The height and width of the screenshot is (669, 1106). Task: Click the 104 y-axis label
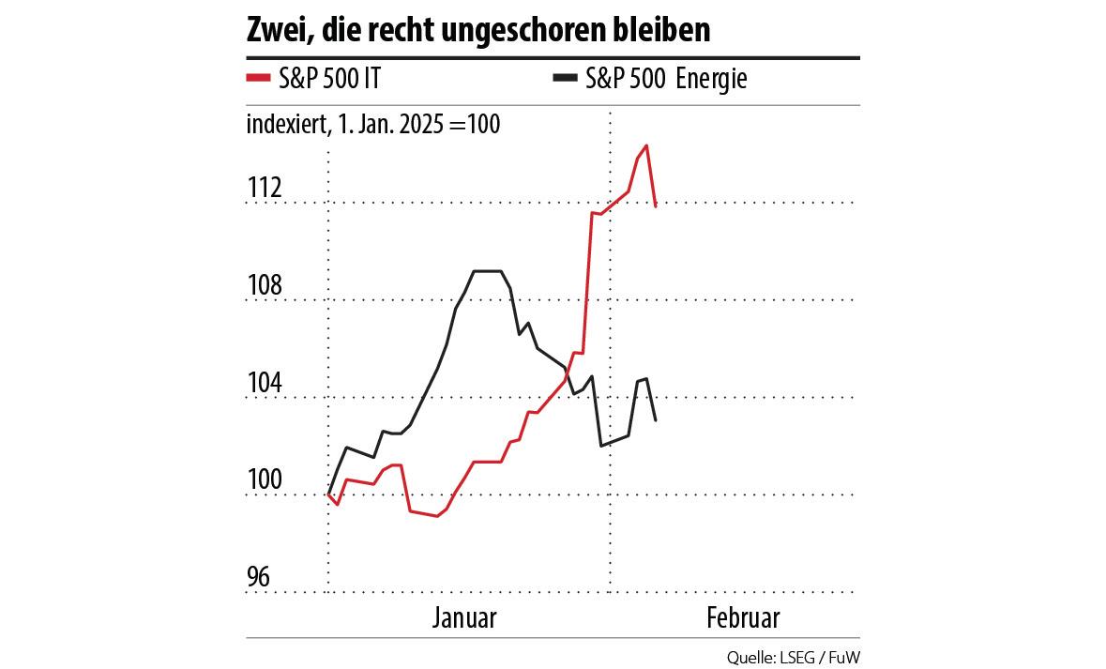tap(265, 384)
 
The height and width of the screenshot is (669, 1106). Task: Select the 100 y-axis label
tap(265, 481)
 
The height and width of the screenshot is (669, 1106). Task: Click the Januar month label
tap(465, 618)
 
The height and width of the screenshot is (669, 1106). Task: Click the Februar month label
tap(743, 618)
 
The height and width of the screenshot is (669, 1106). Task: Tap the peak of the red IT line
tap(647, 145)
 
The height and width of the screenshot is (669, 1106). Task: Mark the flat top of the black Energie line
tap(488, 271)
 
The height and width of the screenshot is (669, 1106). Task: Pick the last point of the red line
tap(656, 205)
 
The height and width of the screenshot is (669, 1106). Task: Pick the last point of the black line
tap(656, 420)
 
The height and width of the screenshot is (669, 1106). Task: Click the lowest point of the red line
tap(438, 516)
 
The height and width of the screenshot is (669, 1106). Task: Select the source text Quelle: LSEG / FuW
tap(793, 656)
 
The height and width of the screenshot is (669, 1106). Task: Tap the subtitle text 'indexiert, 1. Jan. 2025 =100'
tap(373, 124)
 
